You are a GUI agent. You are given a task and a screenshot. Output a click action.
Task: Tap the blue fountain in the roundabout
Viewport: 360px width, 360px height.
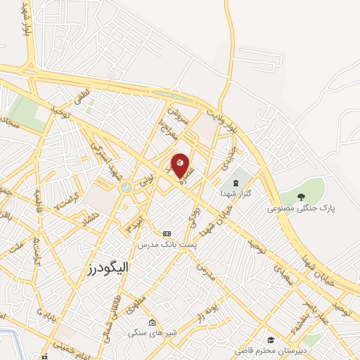[x=126, y=188]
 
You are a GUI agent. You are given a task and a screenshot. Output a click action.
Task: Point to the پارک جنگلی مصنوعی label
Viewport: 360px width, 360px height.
[x=302, y=209]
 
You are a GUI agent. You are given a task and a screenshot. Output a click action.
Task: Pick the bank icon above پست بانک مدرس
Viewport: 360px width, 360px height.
[x=167, y=233]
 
